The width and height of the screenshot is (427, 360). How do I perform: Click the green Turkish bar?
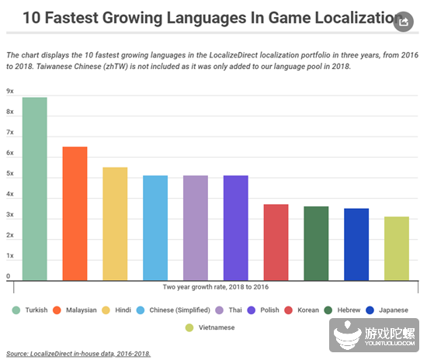(35, 189)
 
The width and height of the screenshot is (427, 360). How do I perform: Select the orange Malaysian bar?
(75, 213)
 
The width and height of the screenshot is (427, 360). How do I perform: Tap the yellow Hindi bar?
(115, 223)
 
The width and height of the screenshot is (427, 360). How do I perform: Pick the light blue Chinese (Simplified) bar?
(155, 227)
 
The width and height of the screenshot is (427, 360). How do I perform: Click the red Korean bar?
(276, 242)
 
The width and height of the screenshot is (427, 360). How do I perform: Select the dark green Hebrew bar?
(316, 243)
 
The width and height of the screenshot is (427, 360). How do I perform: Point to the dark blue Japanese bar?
(356, 244)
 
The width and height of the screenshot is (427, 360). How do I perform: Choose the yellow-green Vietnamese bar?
(396, 248)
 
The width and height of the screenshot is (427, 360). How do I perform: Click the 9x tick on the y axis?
(10, 92)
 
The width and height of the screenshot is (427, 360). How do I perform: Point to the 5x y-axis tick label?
(10, 174)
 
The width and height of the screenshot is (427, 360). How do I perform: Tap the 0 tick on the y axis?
(9, 276)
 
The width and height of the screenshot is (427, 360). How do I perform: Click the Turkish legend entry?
(32, 310)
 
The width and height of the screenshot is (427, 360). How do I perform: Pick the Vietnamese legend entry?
(212, 327)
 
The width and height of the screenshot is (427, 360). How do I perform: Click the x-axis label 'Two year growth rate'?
(215, 287)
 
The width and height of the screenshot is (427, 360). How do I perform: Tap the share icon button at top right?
(402, 22)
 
